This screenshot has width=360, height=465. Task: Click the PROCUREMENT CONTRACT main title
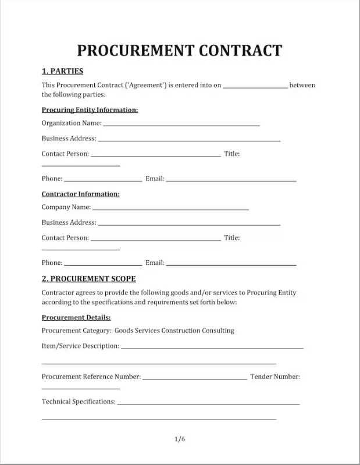tap(179, 50)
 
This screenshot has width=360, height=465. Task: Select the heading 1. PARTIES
tap(62, 71)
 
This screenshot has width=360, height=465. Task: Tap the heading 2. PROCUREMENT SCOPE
tap(88, 279)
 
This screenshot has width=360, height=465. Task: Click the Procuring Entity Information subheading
tap(90, 109)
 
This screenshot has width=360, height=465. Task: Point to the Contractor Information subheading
tap(80, 194)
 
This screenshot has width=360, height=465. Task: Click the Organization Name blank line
tap(181, 124)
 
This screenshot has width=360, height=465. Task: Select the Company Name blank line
tap(170, 208)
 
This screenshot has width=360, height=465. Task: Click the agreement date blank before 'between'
tap(255, 86)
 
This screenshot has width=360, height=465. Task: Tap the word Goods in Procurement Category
tap(124, 331)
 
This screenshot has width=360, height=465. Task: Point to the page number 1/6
tap(179, 439)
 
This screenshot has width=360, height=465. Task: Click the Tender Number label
tap(275, 377)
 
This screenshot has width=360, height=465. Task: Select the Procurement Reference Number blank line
tap(194, 378)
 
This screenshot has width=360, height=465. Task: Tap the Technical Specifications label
tap(79, 402)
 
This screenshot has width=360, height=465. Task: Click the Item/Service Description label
tap(80, 346)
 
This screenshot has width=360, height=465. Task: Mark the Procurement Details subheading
tap(76, 317)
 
